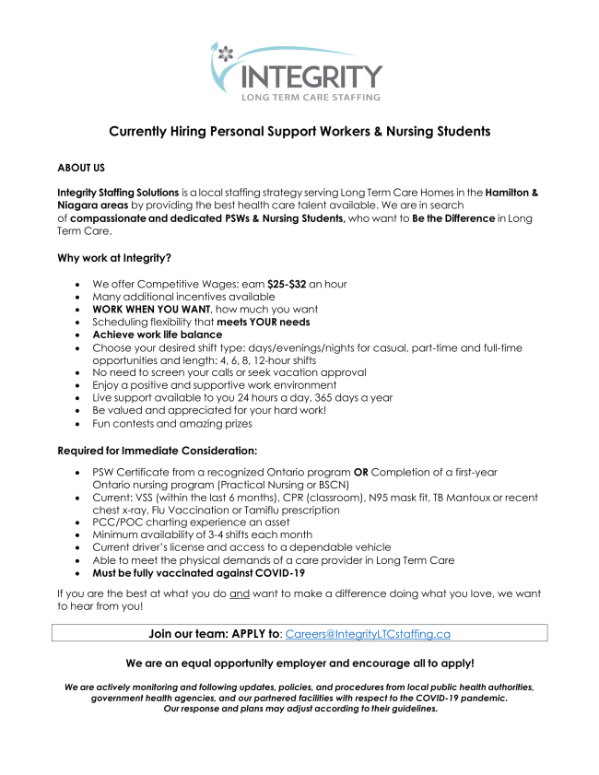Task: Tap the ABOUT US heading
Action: click(x=81, y=168)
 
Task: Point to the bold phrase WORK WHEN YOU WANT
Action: click(x=151, y=310)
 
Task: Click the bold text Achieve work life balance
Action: click(x=158, y=335)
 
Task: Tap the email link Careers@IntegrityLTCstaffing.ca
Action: click(x=368, y=634)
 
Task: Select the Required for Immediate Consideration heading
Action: click(x=157, y=451)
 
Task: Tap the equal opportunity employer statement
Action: click(x=299, y=663)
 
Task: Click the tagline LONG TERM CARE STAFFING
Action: click(x=311, y=96)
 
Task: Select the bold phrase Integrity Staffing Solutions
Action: click(x=118, y=192)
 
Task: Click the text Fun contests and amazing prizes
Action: click(x=171, y=423)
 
